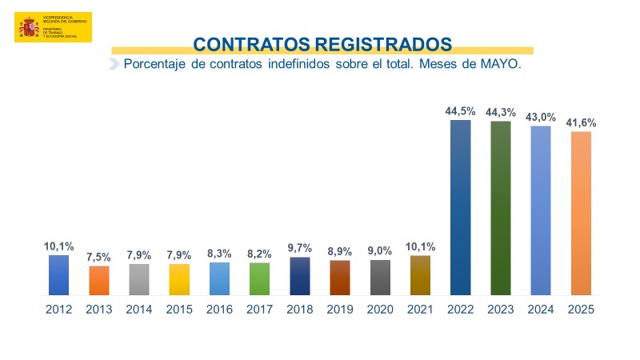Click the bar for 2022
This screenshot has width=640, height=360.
[x=460, y=207]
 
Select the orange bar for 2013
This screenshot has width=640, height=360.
[x=99, y=280]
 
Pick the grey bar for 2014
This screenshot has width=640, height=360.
[x=139, y=279]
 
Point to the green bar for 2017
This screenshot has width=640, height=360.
[x=259, y=278]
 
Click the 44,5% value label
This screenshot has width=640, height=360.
[x=460, y=112]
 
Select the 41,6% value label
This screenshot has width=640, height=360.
[x=582, y=123]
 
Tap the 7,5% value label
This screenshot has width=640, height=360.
[x=99, y=258]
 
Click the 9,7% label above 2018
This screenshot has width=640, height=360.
[x=299, y=249]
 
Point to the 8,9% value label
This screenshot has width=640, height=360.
[x=340, y=252]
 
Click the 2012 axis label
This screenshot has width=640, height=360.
[x=59, y=309]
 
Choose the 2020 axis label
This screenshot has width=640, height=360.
[x=380, y=309]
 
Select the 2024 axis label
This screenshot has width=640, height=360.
[x=541, y=309]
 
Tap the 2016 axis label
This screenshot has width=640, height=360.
[x=219, y=309]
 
